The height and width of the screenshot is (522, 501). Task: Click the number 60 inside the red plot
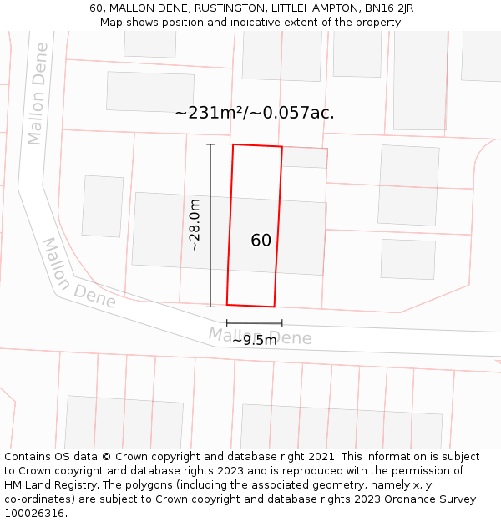click(x=261, y=241)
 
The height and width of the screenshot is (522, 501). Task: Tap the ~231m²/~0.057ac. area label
click(x=255, y=113)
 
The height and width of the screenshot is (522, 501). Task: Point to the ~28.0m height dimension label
click(x=195, y=226)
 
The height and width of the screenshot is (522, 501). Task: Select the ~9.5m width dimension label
click(x=254, y=340)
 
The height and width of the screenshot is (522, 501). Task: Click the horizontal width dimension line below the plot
click(x=254, y=322)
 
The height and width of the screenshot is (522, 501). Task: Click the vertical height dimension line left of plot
click(x=210, y=226)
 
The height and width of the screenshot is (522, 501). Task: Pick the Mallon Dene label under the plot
click(x=260, y=337)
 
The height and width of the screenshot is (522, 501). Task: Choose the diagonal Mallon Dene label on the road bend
click(x=79, y=274)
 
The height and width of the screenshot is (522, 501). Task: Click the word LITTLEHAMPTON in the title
click(x=310, y=8)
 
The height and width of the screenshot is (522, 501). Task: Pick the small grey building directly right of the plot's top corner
click(x=304, y=157)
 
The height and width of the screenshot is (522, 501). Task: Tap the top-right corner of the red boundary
click(x=282, y=147)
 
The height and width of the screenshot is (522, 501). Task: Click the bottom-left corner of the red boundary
click(x=227, y=304)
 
